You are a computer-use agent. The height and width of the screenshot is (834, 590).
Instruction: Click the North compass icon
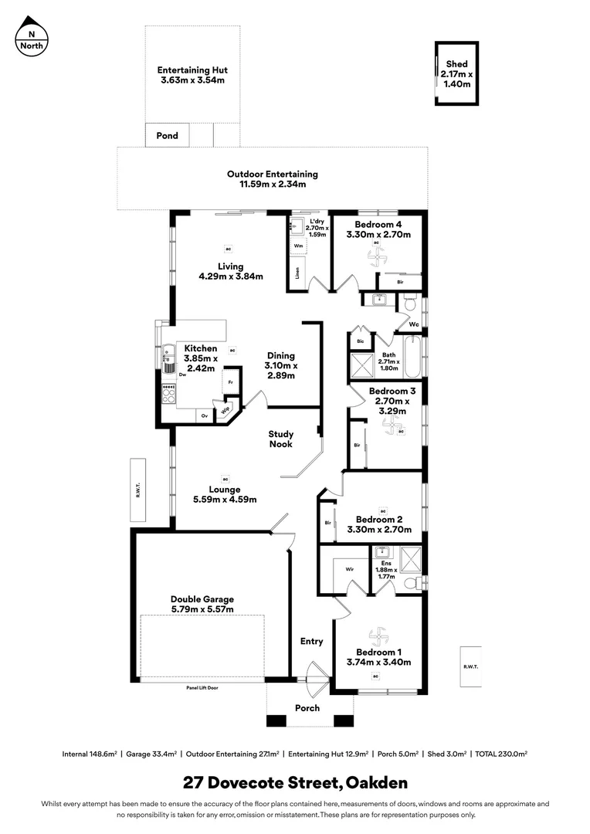click(x=32, y=38)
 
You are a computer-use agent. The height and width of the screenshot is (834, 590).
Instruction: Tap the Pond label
click(x=168, y=136)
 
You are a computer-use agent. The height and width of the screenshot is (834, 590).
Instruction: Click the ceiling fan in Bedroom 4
click(x=377, y=258)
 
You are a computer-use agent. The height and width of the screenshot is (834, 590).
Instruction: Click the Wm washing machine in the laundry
click(x=298, y=246)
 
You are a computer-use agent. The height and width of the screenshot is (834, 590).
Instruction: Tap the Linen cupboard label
click(x=297, y=273)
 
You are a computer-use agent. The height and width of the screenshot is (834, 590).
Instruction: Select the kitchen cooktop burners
click(x=168, y=395)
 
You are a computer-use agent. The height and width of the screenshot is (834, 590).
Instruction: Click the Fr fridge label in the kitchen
click(x=230, y=382)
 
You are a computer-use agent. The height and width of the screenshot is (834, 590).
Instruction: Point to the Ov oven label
click(x=205, y=416)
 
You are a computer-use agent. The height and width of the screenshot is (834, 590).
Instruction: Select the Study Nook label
click(x=281, y=439)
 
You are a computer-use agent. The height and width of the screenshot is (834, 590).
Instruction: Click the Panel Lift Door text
click(x=202, y=687)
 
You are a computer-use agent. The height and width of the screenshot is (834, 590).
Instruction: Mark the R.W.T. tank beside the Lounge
click(x=138, y=489)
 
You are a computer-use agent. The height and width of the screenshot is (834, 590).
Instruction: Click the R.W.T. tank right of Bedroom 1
click(x=470, y=666)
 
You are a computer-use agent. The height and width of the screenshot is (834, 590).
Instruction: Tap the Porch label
click(x=307, y=707)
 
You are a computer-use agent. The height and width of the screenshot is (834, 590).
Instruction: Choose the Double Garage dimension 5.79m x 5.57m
click(x=202, y=609)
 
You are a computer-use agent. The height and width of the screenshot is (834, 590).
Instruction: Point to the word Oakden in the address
click(x=377, y=783)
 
